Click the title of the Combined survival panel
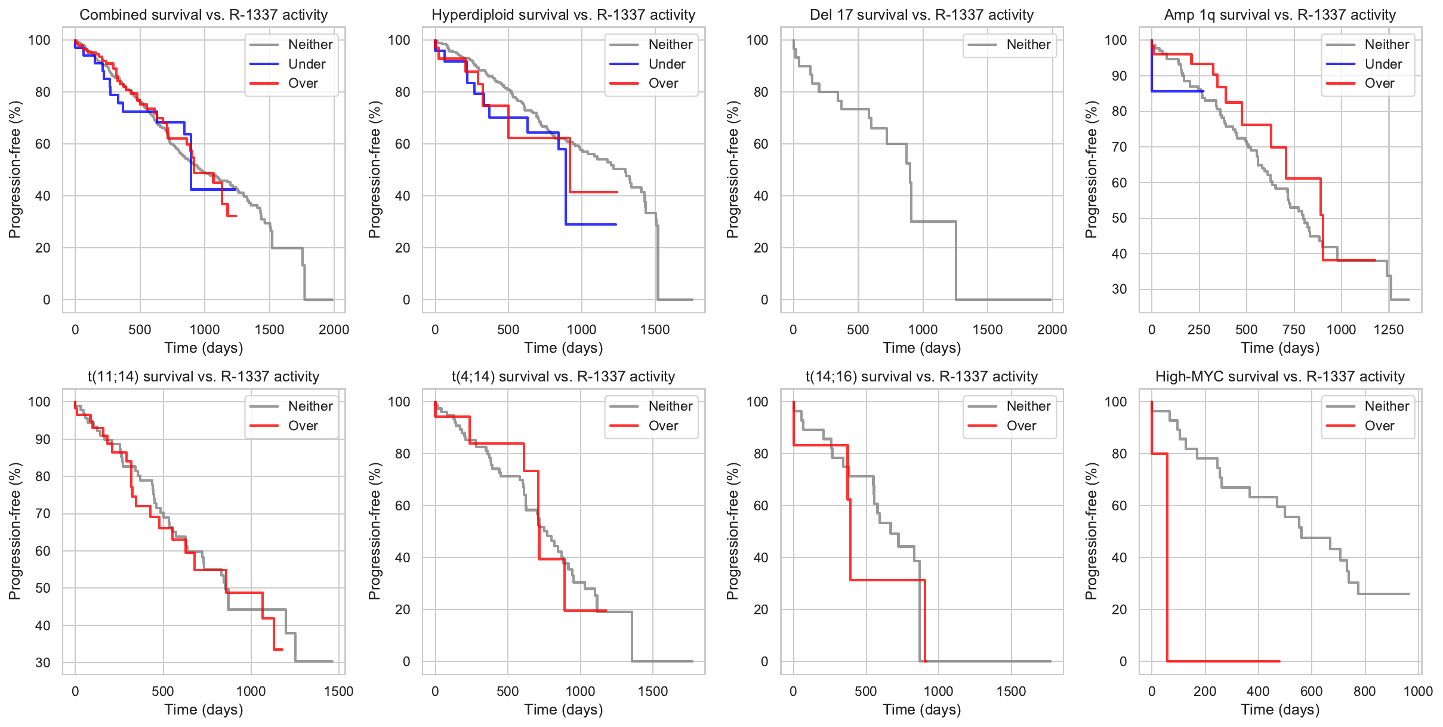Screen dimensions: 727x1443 point(203,15)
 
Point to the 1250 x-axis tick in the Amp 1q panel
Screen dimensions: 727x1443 point(1389,329)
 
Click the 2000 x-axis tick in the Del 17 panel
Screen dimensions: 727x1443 point(1052,329)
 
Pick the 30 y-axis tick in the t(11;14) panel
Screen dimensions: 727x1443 point(43,663)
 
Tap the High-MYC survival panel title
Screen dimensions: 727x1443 point(1280,377)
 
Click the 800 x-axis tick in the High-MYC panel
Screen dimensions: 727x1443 point(1365,691)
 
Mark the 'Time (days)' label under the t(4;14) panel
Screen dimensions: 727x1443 point(563,710)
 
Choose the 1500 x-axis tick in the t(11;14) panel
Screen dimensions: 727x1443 point(339,691)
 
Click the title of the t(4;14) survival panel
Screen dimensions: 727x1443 point(563,377)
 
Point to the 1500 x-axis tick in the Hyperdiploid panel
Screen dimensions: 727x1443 point(655,329)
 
